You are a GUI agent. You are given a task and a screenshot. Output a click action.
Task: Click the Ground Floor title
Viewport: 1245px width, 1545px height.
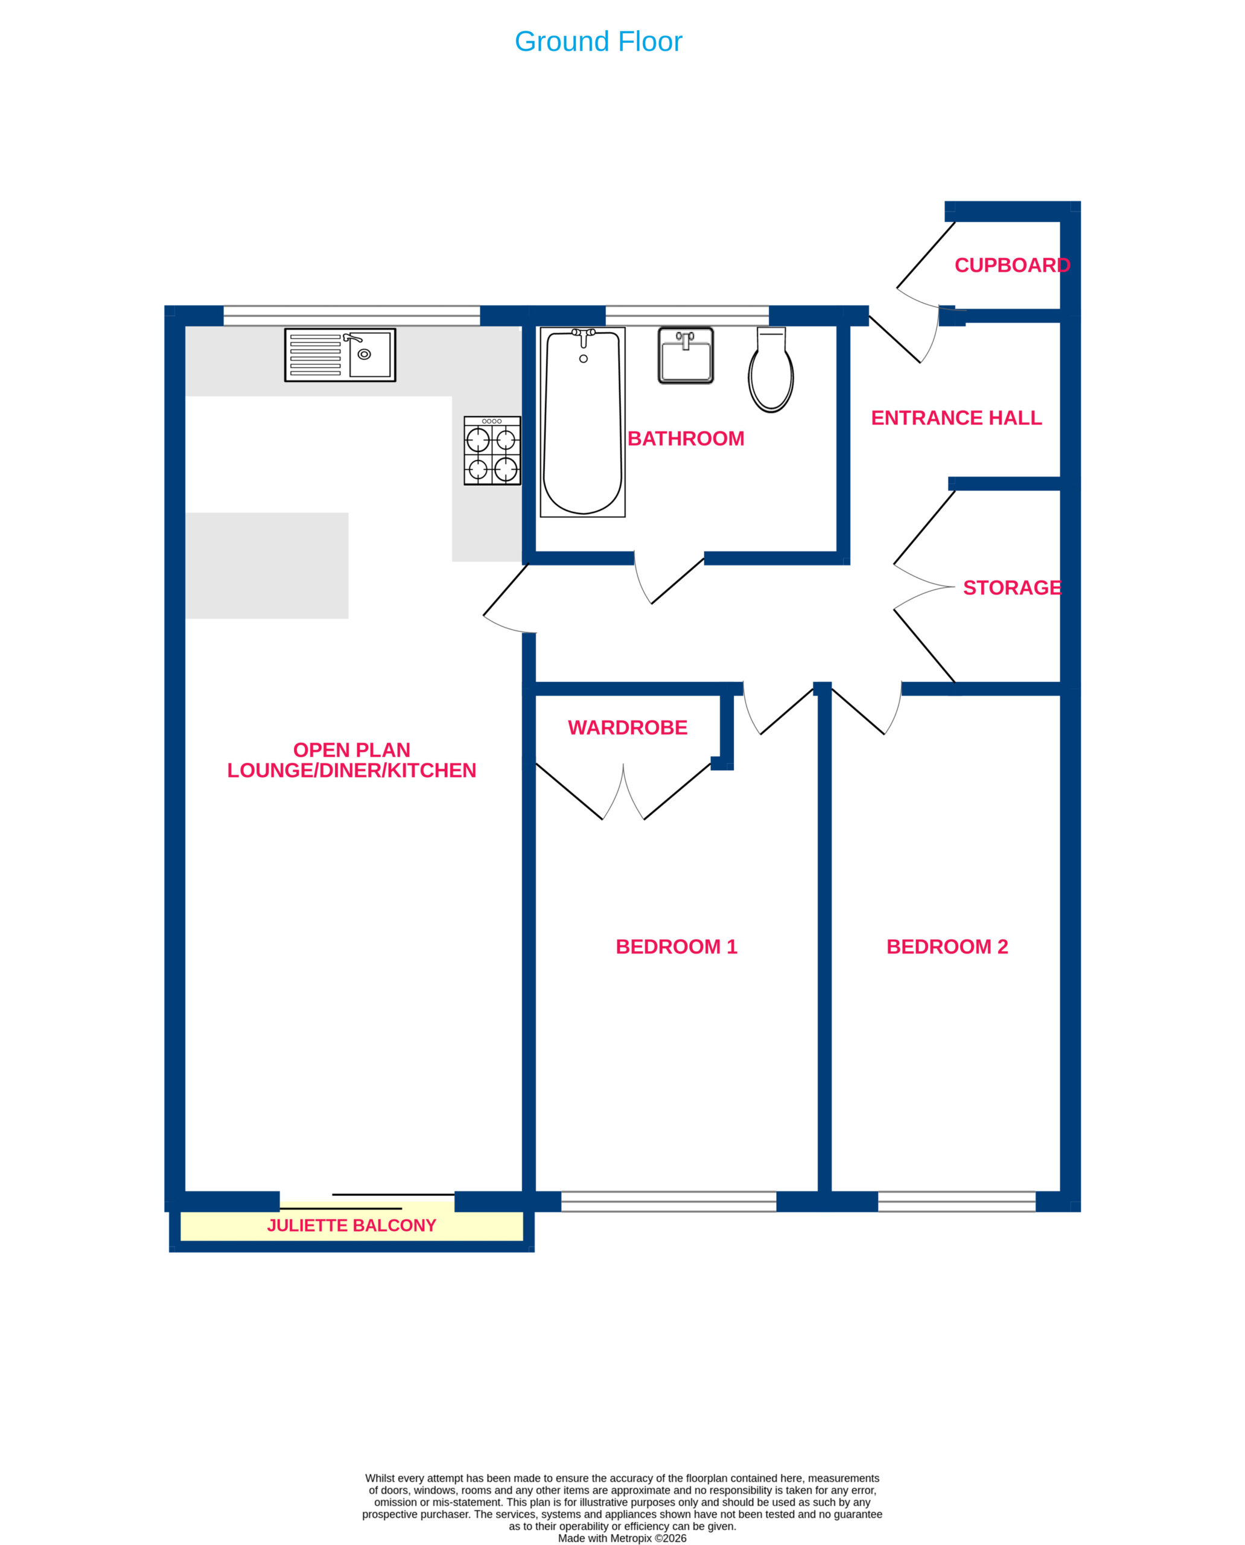(x=598, y=42)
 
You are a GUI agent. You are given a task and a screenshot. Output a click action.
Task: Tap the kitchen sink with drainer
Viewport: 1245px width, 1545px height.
(x=340, y=355)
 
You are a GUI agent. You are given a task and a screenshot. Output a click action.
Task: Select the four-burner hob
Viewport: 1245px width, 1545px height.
(x=492, y=450)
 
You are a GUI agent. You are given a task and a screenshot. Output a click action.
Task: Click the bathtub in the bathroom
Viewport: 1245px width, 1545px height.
(x=582, y=422)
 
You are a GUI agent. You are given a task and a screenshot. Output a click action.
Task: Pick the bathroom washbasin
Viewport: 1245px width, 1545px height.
(x=686, y=355)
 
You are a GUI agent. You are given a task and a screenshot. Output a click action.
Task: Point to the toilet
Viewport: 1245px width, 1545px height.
(x=771, y=370)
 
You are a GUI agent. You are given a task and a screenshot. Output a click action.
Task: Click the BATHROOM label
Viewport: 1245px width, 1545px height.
(x=686, y=438)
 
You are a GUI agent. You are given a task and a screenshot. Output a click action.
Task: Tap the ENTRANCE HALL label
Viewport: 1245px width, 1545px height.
(x=956, y=418)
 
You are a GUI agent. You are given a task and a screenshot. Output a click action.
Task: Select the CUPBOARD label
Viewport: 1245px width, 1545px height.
(x=1012, y=266)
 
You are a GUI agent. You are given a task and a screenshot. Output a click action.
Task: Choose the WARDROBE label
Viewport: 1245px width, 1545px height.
(x=628, y=727)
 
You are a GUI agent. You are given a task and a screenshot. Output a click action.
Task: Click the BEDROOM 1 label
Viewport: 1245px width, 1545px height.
(x=677, y=946)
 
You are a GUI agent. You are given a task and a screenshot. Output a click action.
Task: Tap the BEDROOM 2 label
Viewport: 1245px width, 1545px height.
(x=947, y=946)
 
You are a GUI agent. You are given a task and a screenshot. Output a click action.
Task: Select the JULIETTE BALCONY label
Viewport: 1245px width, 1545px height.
(x=351, y=1225)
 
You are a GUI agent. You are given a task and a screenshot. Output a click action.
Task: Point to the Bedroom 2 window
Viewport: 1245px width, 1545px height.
(x=957, y=1202)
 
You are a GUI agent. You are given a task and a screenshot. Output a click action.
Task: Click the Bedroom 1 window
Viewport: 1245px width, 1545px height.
(x=669, y=1202)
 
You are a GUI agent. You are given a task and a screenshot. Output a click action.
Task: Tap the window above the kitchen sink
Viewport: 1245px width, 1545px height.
(x=351, y=316)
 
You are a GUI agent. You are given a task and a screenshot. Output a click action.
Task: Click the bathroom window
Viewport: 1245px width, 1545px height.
(x=687, y=316)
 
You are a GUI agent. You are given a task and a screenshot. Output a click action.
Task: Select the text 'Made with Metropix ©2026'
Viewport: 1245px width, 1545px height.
(x=622, y=1538)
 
